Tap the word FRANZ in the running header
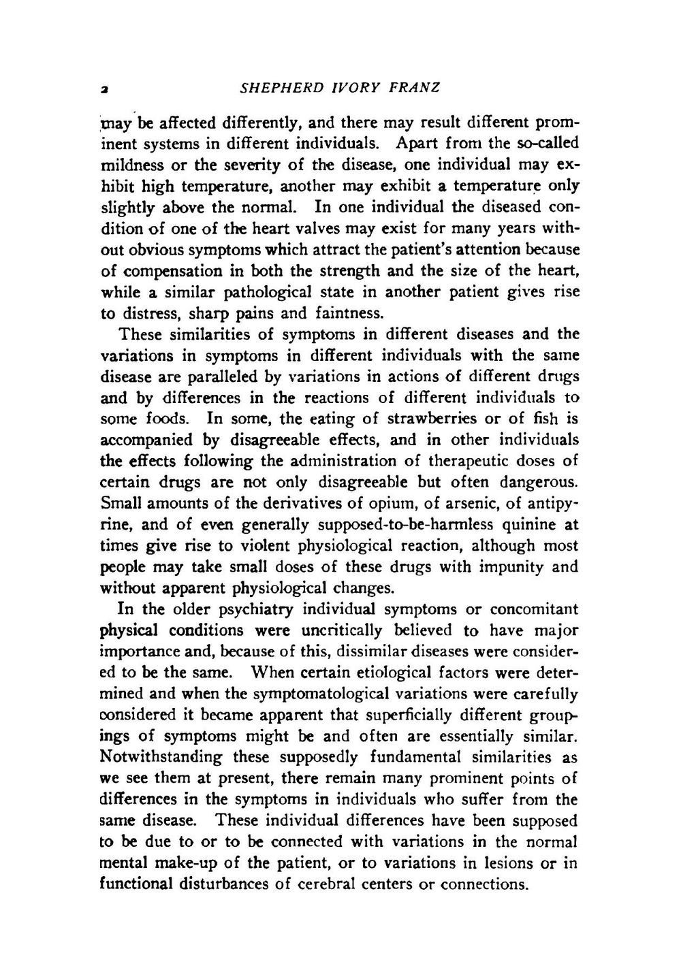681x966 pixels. click(415, 88)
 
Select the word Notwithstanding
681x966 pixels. click(161, 757)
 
